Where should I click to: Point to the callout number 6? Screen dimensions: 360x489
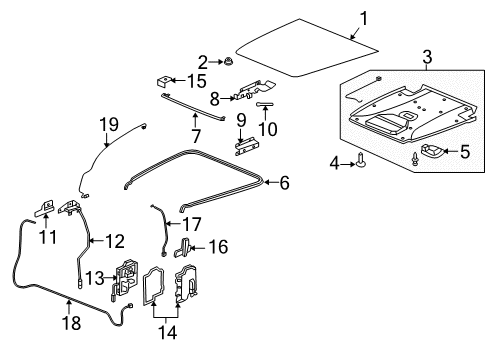coord(284,183)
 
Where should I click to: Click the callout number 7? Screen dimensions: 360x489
coord(196,132)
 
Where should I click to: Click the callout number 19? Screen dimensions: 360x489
coord(109,123)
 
